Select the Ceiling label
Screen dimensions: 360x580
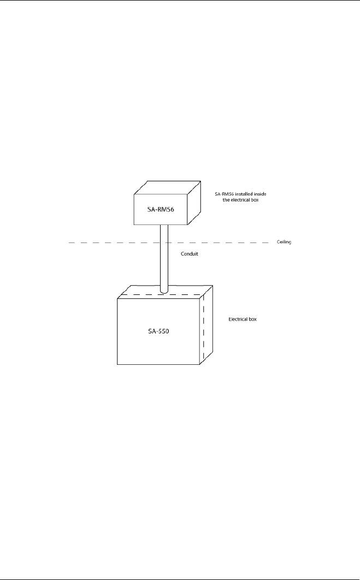[284, 242]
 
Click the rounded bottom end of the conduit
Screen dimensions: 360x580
[163, 291]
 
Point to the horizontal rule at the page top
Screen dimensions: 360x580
[180, 1]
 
